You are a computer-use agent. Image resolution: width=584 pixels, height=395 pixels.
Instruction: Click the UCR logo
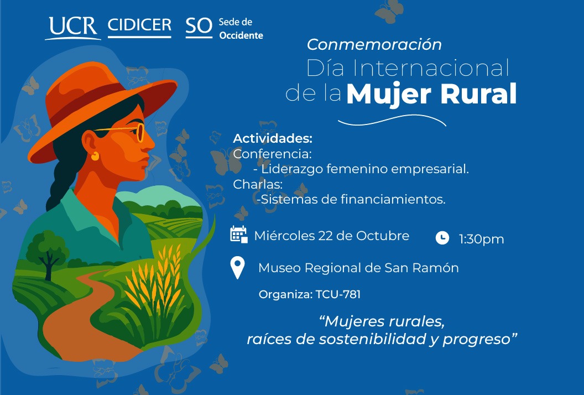pos(72,27)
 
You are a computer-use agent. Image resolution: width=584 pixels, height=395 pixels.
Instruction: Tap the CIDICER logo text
pos(139,26)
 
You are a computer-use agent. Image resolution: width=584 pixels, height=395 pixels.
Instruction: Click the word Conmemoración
pos(374,44)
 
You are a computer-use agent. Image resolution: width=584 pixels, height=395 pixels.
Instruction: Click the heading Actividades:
pos(273,138)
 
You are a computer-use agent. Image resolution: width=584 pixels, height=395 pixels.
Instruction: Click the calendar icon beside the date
pos(238,235)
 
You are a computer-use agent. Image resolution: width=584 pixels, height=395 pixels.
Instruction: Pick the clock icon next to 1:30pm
pos(442,238)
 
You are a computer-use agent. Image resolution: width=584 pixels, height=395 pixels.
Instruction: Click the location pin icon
pos(237,268)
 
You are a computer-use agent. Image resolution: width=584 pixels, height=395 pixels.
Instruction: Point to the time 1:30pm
pos(481,239)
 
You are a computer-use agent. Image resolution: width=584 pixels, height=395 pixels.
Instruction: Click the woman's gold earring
pos(95,156)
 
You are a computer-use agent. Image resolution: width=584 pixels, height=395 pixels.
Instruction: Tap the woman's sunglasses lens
pos(140,133)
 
